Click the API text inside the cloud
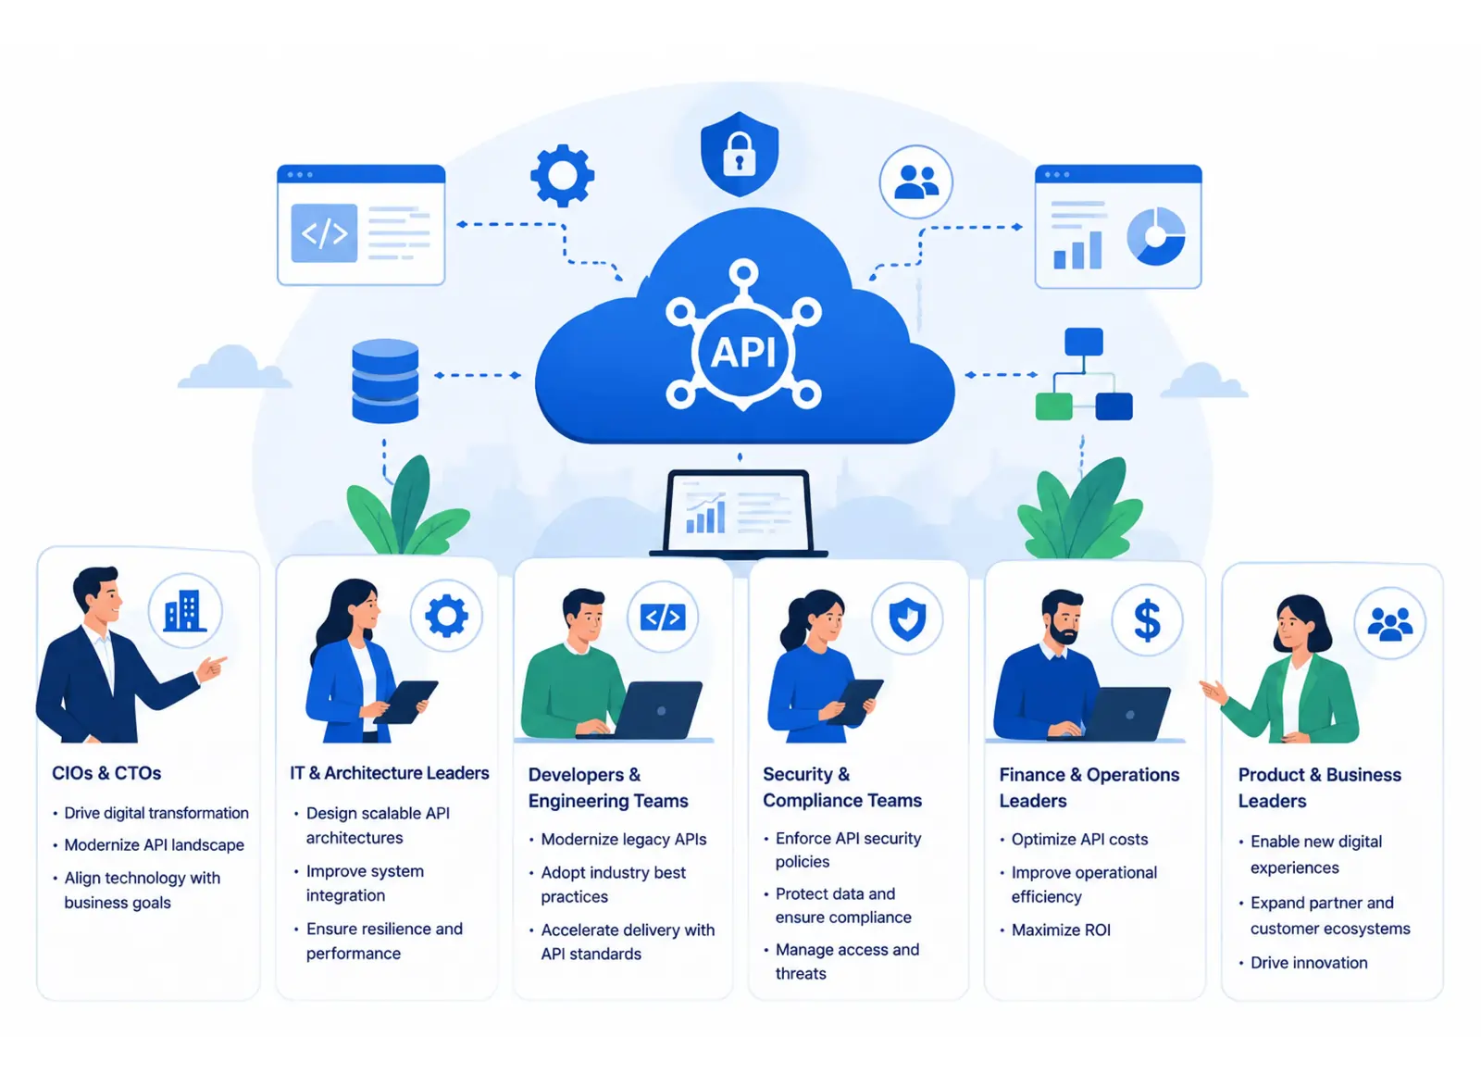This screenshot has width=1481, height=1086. click(x=743, y=352)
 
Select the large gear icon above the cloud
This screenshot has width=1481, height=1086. click(x=562, y=175)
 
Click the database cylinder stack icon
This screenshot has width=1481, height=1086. click(x=385, y=381)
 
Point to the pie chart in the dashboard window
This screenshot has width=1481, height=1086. click(x=1156, y=236)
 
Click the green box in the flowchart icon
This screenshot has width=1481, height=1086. click(x=1054, y=406)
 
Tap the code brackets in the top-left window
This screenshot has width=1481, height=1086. click(x=324, y=232)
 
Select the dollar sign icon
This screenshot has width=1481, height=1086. click(x=1147, y=621)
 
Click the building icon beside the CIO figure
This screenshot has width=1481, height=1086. click(x=184, y=610)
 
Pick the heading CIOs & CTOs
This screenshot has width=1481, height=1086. click(x=106, y=773)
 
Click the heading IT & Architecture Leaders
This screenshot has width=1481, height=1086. click(x=390, y=773)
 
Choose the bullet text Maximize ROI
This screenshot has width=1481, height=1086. click(x=1061, y=930)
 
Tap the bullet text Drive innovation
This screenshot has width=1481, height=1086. click(x=1309, y=963)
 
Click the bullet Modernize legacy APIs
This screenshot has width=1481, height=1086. click(x=624, y=840)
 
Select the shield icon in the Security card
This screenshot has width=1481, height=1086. click(x=907, y=619)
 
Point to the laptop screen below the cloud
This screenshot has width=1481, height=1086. click(x=739, y=513)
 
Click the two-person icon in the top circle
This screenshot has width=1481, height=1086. click(x=916, y=181)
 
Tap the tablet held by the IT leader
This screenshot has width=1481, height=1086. click(x=405, y=702)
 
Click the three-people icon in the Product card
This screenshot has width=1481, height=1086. click(x=1389, y=624)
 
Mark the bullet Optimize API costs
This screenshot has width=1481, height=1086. click(x=1079, y=840)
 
